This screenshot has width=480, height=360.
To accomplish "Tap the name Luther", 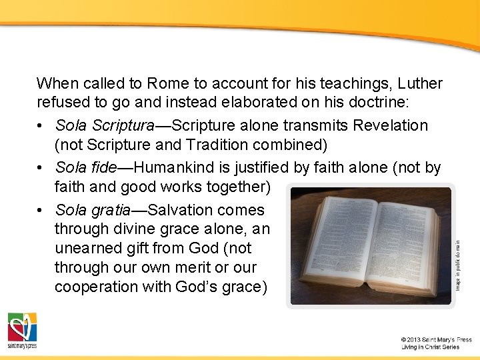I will click(x=420, y=84).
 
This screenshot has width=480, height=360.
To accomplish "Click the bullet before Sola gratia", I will click(x=42, y=211).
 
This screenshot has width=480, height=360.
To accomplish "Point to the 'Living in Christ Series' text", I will click(x=430, y=347).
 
